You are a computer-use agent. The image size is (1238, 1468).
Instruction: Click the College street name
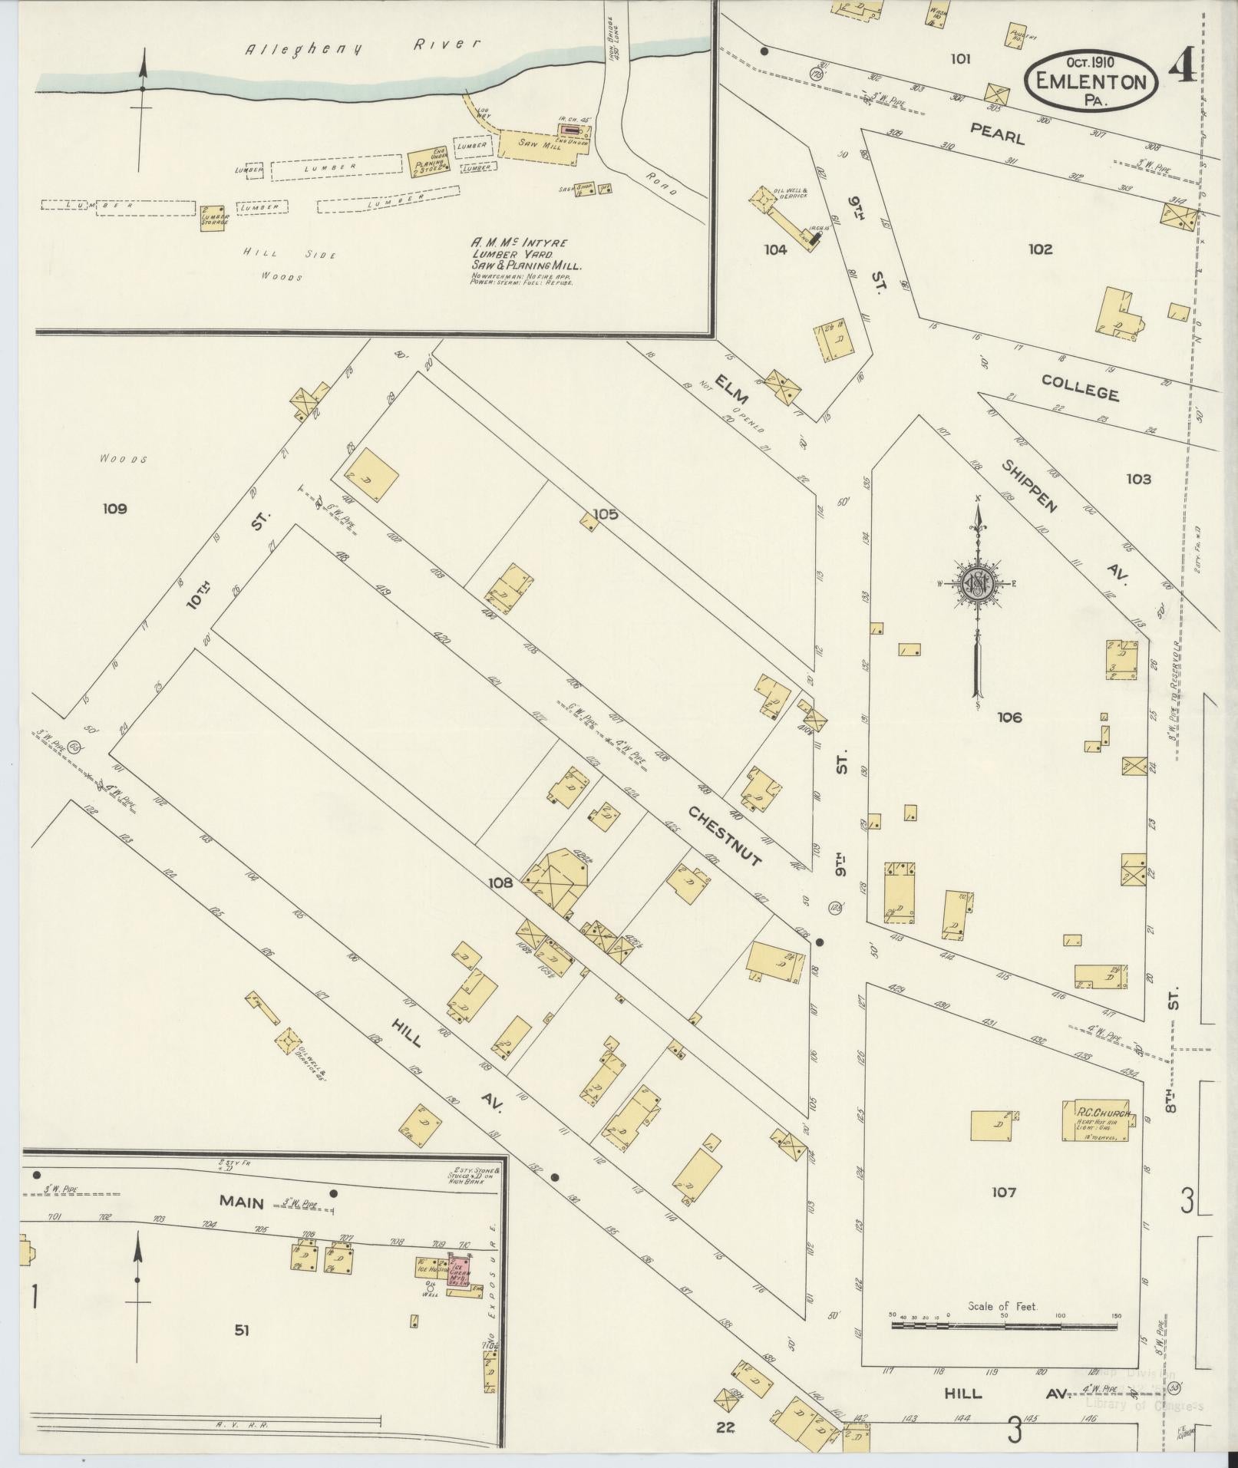[1080, 388]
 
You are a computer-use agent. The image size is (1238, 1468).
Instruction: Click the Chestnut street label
[725, 836]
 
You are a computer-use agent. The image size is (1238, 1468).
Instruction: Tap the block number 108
[500, 882]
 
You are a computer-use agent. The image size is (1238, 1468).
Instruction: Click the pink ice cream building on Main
[460, 1275]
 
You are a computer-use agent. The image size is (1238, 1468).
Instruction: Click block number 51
[241, 1331]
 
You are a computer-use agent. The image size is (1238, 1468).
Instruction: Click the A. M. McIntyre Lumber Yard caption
[527, 253]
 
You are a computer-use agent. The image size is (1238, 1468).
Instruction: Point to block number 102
[1040, 249]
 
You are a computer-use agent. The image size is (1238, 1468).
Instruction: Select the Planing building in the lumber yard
[429, 161]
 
